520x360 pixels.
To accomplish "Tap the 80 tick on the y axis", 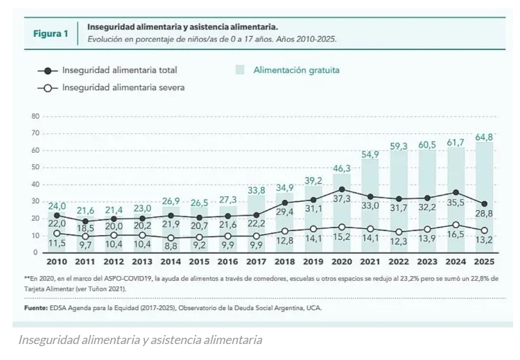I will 35,116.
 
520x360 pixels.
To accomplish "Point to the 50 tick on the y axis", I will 35,167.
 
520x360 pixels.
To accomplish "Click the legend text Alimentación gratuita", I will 296,70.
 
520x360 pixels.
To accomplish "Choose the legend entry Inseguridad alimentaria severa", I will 123,88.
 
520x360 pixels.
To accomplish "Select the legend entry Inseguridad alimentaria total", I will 119,70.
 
